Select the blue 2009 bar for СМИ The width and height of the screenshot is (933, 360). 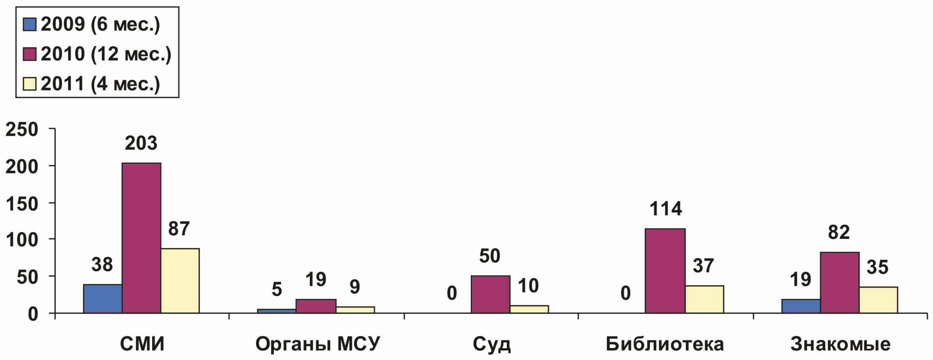(x=103, y=299)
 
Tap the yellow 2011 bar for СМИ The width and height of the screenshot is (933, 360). (x=180, y=281)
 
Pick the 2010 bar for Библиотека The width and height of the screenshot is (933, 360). (x=665, y=271)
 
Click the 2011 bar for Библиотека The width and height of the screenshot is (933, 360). (x=704, y=299)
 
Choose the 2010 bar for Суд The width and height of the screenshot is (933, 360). (x=490, y=295)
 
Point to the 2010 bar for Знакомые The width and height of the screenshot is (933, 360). (x=839, y=283)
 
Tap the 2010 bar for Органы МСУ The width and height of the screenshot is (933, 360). (x=316, y=306)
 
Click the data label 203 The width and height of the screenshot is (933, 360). (x=141, y=143)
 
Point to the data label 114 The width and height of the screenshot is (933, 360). (x=666, y=209)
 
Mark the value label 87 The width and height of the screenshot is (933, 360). (x=179, y=229)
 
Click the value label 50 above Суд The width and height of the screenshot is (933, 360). (x=489, y=256)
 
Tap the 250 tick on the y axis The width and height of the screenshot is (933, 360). (x=22, y=130)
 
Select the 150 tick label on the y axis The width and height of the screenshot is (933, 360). (x=22, y=203)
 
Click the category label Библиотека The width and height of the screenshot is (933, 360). (x=665, y=344)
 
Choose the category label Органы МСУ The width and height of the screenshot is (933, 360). (x=317, y=344)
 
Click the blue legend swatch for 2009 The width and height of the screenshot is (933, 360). (x=30, y=25)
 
